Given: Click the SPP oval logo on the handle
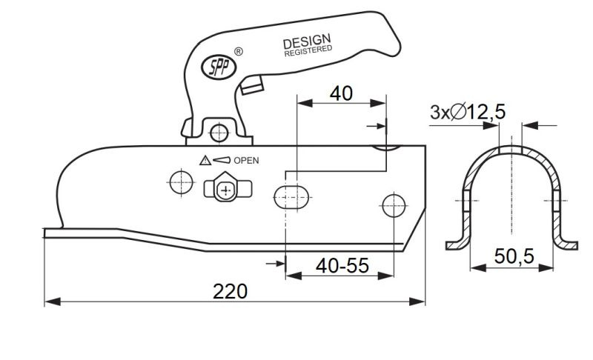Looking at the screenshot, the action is [x=219, y=67].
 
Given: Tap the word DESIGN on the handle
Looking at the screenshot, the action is [x=307, y=41].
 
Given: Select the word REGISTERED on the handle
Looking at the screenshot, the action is [x=308, y=51].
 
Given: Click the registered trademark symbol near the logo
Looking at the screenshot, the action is [x=239, y=51].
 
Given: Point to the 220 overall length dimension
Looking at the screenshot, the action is [x=230, y=291].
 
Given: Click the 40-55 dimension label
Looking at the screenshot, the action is [x=342, y=266].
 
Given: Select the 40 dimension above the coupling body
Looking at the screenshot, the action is [x=341, y=93].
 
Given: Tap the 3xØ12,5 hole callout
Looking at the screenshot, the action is [x=468, y=112].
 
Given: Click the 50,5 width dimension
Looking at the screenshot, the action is [x=514, y=256].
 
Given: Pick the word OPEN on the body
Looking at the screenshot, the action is [x=246, y=161].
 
